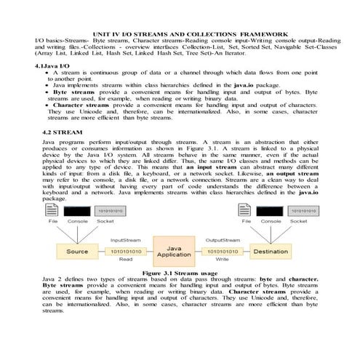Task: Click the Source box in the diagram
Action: pos(78,252)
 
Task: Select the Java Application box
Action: pos(174,252)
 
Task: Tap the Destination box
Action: pos(271,252)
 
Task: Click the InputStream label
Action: pos(125,239)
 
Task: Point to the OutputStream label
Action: pos(222,239)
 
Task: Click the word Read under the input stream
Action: pos(125,260)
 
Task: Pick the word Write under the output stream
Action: pos(222,260)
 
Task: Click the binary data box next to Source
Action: pos(125,251)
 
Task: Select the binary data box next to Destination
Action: pos(222,251)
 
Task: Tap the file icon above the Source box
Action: pos(53,211)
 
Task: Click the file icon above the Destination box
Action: pos(247,211)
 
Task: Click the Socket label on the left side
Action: pos(105,221)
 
